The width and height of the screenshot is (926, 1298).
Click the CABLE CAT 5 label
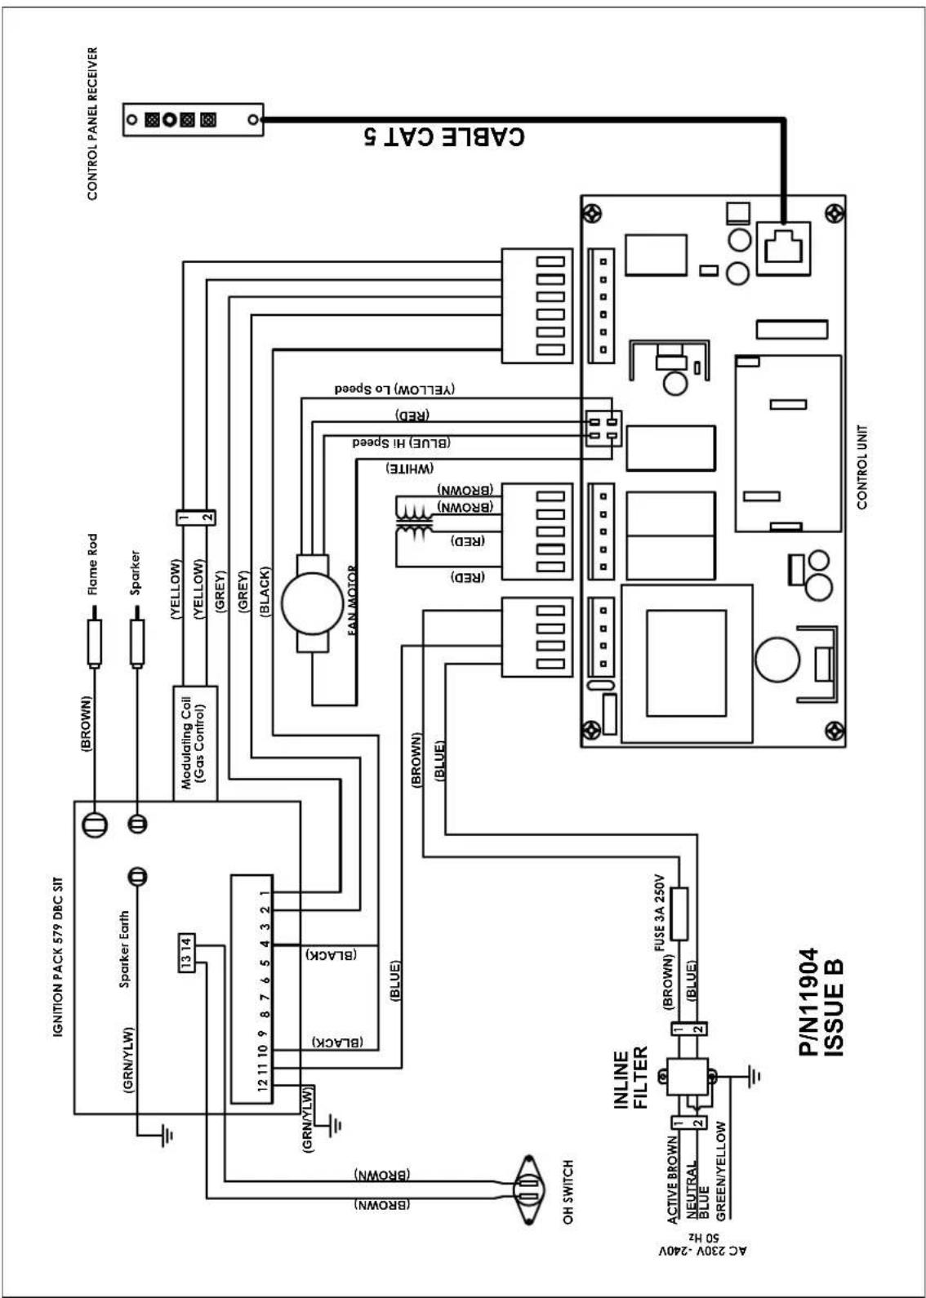(x=444, y=136)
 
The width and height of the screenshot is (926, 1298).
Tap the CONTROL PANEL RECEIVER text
(x=92, y=123)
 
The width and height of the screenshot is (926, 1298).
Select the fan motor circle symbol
(x=312, y=603)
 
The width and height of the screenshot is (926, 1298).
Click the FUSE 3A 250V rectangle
(x=679, y=913)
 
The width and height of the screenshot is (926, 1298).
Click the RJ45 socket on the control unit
(x=783, y=248)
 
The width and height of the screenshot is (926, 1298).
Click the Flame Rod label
(x=92, y=564)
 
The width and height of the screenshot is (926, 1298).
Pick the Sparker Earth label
(x=124, y=949)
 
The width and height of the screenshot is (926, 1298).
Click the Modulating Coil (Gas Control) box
(x=195, y=744)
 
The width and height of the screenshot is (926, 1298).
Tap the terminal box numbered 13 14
(x=186, y=953)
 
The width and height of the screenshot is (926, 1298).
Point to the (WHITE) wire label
(x=410, y=469)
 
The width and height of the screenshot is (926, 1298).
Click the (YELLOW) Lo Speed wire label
(x=394, y=389)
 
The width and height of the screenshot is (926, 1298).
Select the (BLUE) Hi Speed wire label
(x=402, y=442)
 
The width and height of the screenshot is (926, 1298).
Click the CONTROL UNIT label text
(x=862, y=467)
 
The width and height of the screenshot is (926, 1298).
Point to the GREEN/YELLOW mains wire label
(x=721, y=1171)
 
